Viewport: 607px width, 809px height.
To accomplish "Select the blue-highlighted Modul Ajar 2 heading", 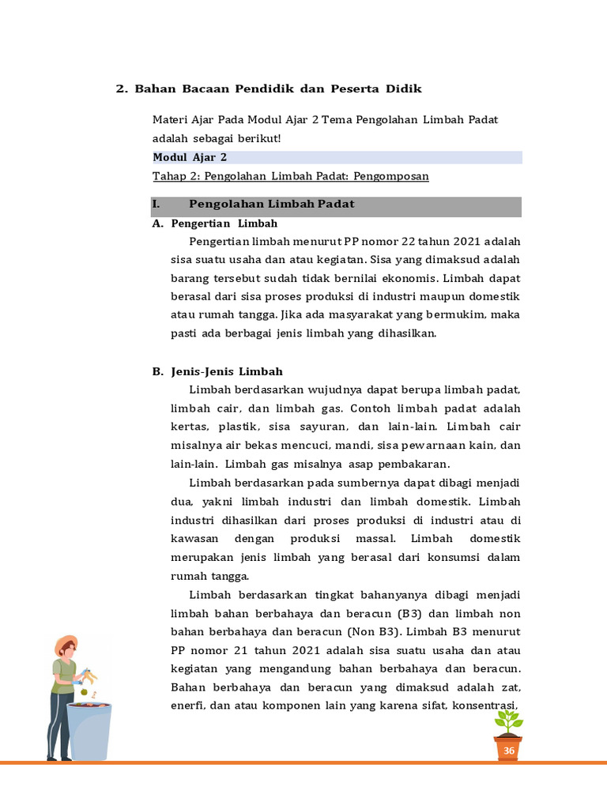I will [190, 157].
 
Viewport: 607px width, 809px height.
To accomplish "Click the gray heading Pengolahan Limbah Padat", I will [272, 205].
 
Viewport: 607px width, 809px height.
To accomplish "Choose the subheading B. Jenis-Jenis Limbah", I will [217, 371].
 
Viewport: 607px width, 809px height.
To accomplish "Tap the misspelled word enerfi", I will [187, 706].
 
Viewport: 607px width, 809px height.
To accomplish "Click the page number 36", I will [509, 750].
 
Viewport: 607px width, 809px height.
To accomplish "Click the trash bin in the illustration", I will [88, 732].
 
